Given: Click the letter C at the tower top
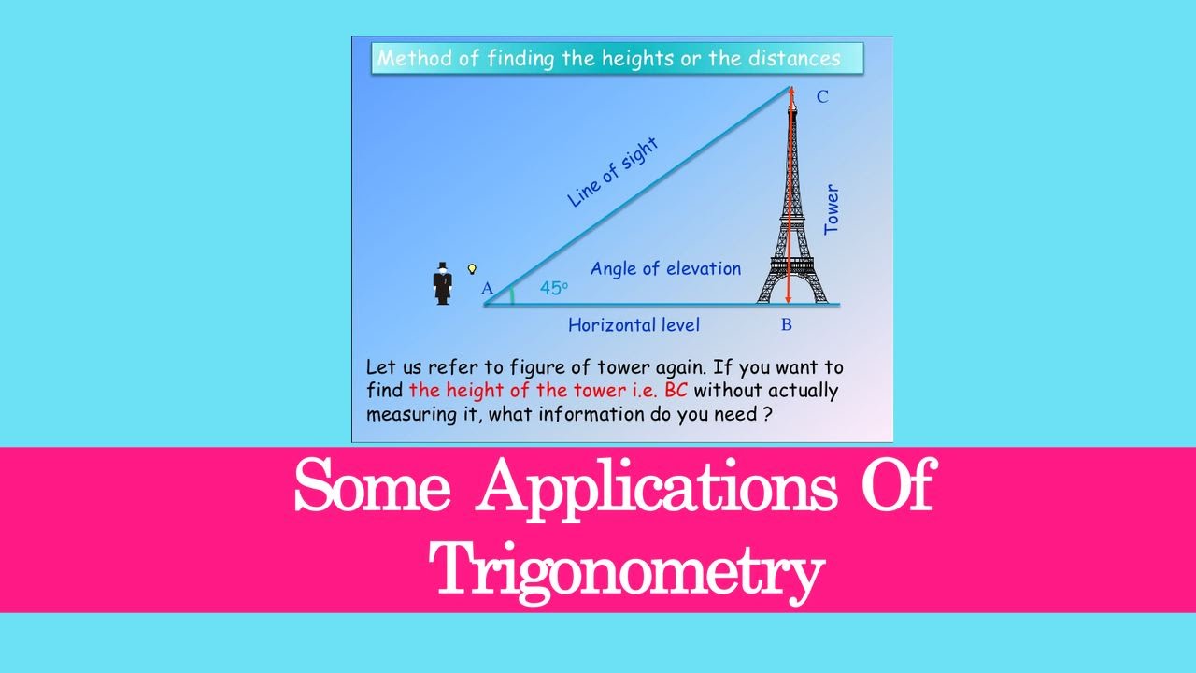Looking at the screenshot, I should point(822,96).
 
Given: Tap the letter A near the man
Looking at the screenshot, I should point(487,289).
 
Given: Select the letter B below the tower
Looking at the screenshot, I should point(787,325).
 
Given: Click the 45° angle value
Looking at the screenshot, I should point(553,289).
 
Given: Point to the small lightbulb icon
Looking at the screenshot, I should point(472,268).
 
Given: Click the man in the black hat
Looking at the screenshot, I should point(443,283).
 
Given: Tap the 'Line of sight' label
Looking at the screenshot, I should point(613,172).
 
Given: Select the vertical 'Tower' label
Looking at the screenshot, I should point(831,210).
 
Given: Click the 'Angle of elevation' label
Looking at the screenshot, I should point(665,269).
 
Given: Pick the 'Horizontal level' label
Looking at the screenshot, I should point(634,325).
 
